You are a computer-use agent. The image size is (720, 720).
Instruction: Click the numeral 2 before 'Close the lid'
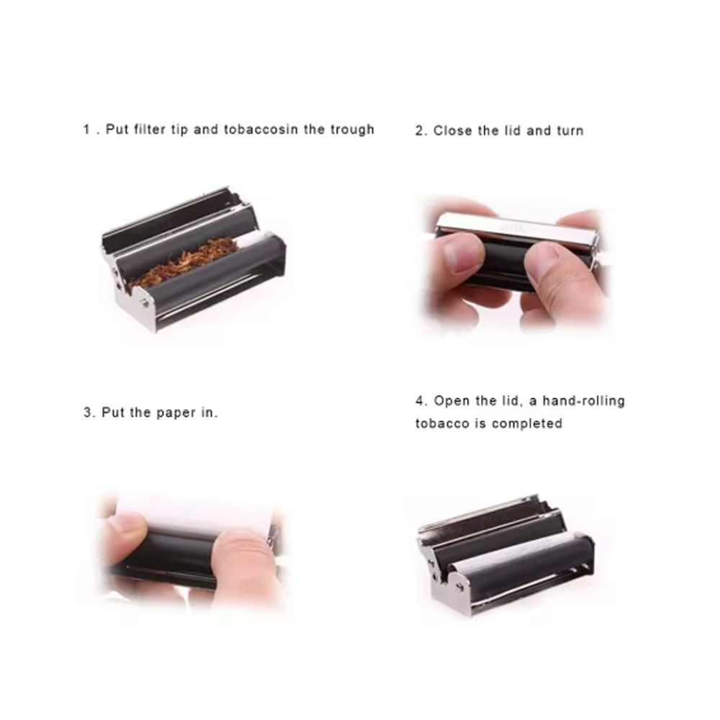[x=419, y=131]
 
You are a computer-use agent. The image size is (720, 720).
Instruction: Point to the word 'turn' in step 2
[x=570, y=131]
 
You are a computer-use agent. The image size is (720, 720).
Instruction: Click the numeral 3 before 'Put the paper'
[x=87, y=413]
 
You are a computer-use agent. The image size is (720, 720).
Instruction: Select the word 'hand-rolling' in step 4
[x=584, y=401]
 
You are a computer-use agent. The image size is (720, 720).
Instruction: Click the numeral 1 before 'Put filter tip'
[x=87, y=130]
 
